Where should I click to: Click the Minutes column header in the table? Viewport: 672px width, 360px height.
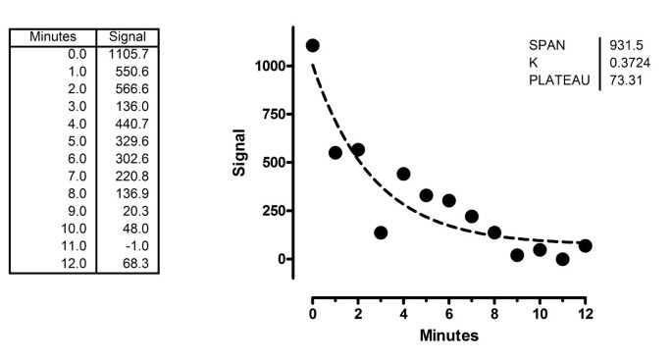[52, 36]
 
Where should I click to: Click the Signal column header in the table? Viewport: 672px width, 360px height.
[128, 36]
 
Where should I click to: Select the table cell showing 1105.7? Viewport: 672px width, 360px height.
[128, 53]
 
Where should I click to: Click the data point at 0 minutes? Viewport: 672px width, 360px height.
[312, 45]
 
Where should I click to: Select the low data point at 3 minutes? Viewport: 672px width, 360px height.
[381, 232]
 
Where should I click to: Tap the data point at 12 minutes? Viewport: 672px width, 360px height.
[586, 245]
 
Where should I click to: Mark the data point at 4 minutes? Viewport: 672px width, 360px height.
[403, 174]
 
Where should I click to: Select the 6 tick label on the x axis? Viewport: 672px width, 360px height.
[448, 315]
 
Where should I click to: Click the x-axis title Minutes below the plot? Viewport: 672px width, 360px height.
[448, 335]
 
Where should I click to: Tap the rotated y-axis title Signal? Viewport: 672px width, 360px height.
[238, 151]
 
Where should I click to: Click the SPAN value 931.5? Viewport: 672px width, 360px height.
[625, 44]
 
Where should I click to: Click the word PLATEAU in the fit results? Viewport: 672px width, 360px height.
[559, 79]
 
